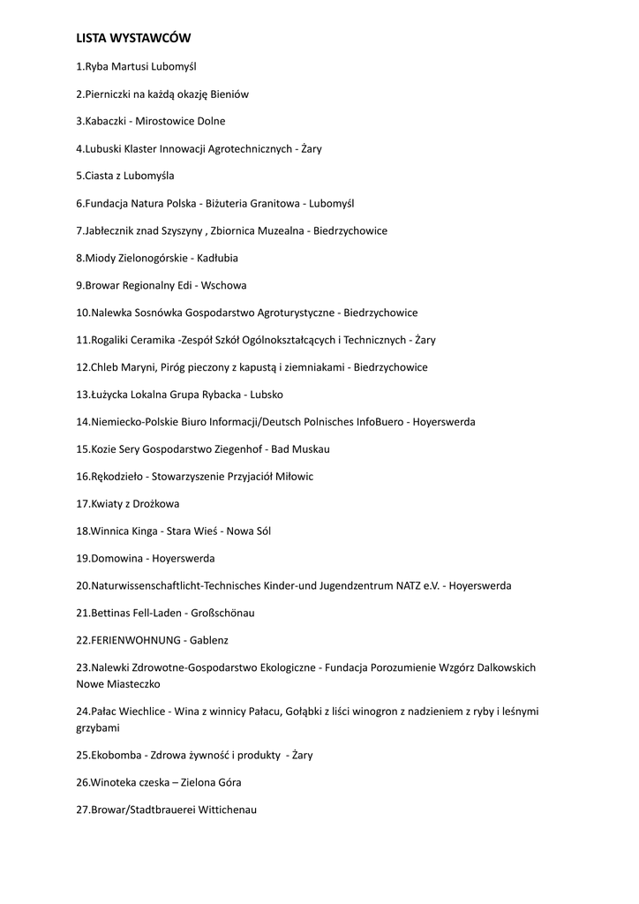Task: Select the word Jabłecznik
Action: (111, 230)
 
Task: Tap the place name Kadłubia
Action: (217, 258)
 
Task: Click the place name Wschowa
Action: (224, 285)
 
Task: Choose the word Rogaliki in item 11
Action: (111, 340)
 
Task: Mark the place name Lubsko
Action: (267, 395)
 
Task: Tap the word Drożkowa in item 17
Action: (156, 504)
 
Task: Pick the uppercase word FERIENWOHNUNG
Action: (133, 640)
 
